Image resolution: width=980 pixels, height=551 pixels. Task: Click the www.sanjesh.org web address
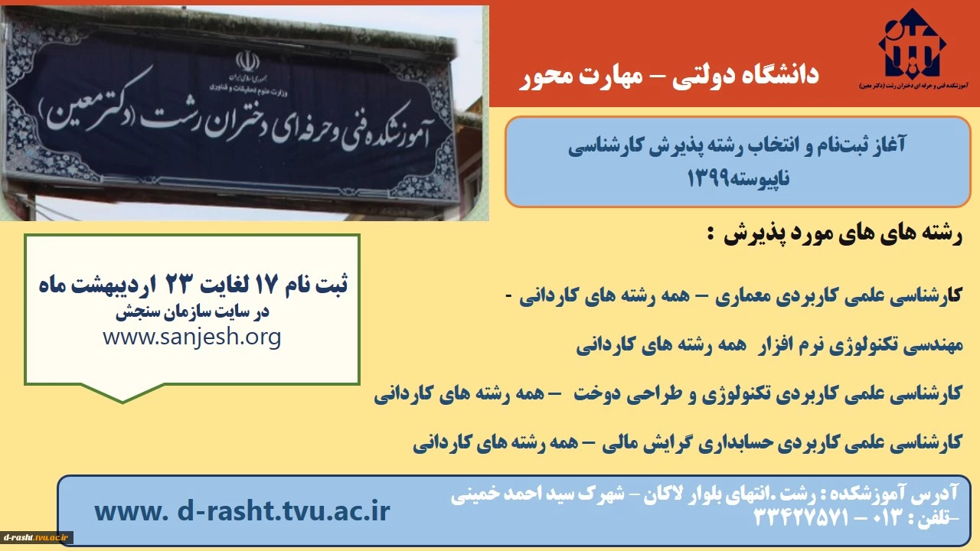click(x=192, y=337)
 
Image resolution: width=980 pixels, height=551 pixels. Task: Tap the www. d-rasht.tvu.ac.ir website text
click(x=242, y=510)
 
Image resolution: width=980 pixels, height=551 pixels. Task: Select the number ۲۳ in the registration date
click(x=178, y=284)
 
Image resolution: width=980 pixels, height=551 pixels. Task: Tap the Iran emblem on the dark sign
click(x=247, y=61)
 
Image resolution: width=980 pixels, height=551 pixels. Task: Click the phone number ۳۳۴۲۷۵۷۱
click(x=801, y=518)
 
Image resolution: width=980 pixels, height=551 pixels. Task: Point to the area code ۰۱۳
click(x=888, y=518)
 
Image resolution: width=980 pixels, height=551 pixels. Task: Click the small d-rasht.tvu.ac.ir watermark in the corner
click(x=36, y=537)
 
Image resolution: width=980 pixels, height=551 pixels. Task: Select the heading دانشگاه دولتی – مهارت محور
click(x=669, y=75)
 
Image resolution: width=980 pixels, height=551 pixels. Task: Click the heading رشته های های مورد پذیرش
click(x=842, y=235)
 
